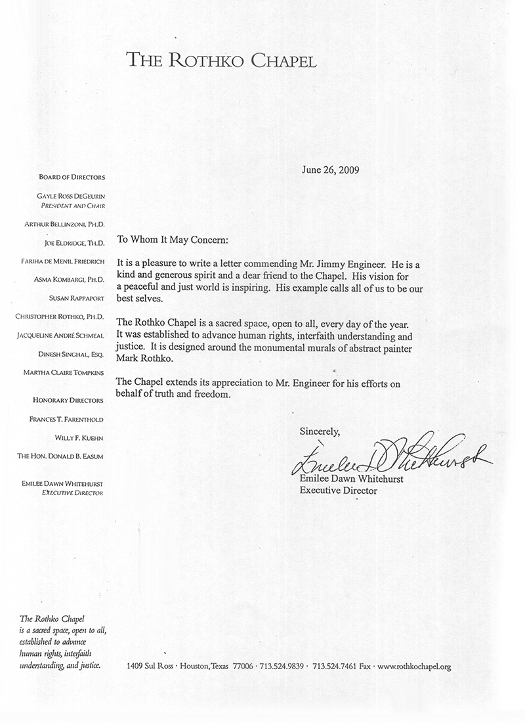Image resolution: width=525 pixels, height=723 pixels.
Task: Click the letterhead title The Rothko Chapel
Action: click(222, 62)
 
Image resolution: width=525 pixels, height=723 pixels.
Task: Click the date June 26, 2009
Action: click(331, 169)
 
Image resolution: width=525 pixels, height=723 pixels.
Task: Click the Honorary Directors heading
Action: click(69, 400)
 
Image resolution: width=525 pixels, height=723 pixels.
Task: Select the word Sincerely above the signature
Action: click(320, 431)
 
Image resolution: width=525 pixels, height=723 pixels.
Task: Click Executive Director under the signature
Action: click(339, 490)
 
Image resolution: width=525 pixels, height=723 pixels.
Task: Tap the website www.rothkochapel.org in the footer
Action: click(415, 667)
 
